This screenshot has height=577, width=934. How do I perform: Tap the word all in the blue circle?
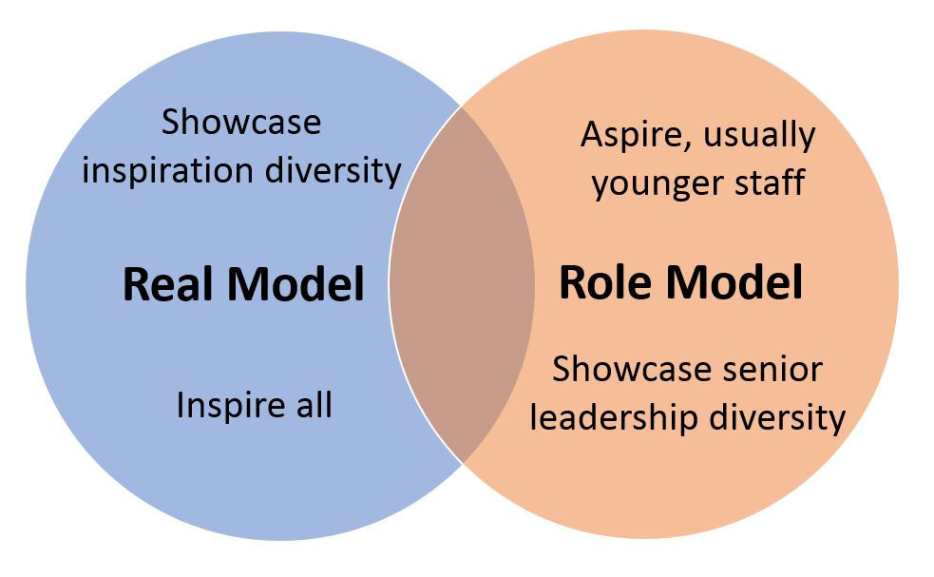pos(310,406)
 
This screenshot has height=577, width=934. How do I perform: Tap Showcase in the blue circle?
pos(241,123)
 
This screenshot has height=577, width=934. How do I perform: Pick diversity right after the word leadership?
pos(781,416)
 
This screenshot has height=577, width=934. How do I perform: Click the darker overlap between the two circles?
pos(463,285)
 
